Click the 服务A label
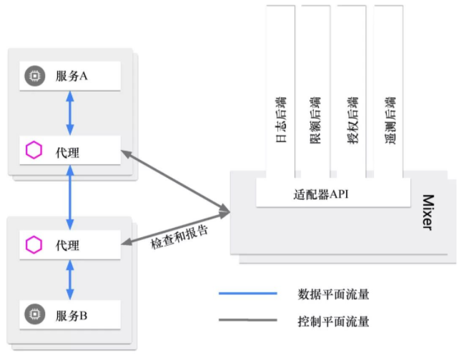[x=71, y=76]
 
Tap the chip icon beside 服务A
[x=33, y=76]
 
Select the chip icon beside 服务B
[x=33, y=314]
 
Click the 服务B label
[x=71, y=314]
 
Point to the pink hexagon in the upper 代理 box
[x=33, y=151]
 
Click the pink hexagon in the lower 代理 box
[x=33, y=245]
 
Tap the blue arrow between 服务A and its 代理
[x=70, y=113]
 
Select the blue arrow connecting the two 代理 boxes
[x=70, y=198]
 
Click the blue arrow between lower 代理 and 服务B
[x=70, y=279]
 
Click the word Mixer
[x=428, y=212]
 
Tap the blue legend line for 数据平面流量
[x=247, y=294]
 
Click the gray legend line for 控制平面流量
[x=247, y=321]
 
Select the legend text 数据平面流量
[x=333, y=294]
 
